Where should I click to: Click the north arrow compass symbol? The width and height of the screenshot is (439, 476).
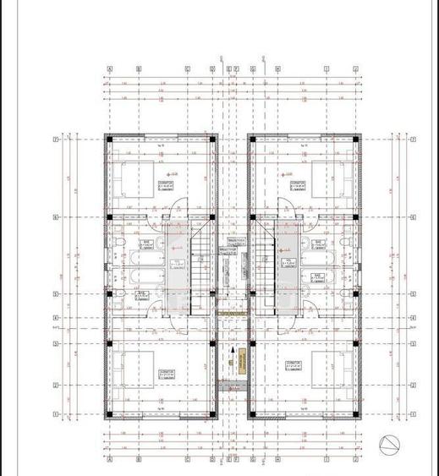pos(389,443)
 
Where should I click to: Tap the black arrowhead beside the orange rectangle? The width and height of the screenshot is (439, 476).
pos(231,348)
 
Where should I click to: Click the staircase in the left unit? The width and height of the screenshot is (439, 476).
pos(202,262)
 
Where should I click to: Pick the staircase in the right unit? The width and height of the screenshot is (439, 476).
pos(265,262)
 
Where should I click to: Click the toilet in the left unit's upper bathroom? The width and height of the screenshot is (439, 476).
pos(120,245)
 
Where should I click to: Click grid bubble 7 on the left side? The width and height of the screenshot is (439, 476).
pos(55,139)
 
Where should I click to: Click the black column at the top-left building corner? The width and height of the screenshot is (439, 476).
pos(107,137)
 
